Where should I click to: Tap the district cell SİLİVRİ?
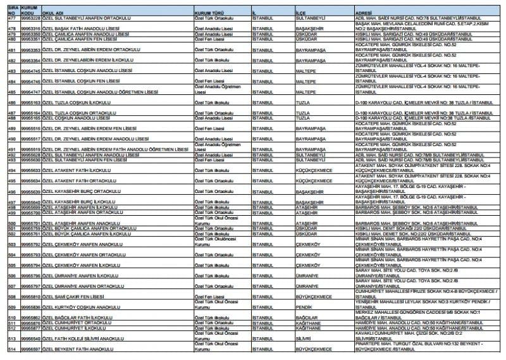[304, 338]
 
